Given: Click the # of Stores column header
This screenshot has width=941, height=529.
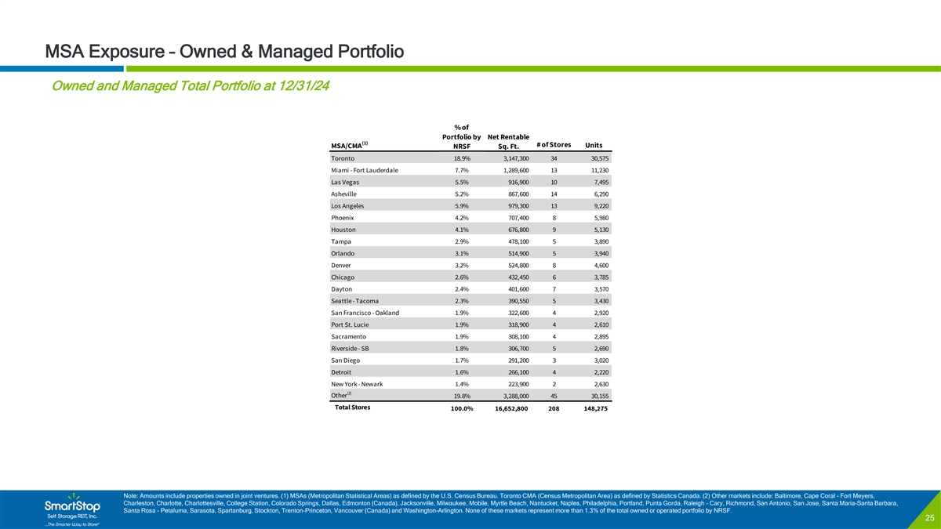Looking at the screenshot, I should click(554, 143).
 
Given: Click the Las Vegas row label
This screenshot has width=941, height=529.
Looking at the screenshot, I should click(347, 182).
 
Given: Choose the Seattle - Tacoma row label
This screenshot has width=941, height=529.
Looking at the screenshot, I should click(357, 301).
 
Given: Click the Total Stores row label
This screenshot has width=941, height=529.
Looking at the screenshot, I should click(353, 408).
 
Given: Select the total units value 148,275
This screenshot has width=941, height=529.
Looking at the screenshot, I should click(590, 408).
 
